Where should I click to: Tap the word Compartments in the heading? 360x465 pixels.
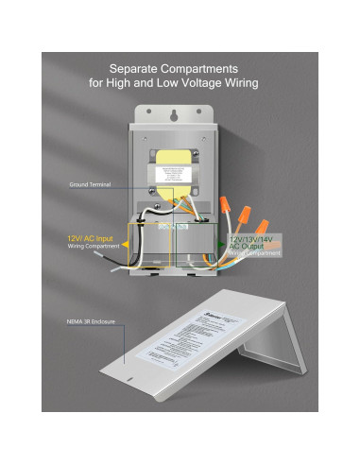click(x=214, y=69)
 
